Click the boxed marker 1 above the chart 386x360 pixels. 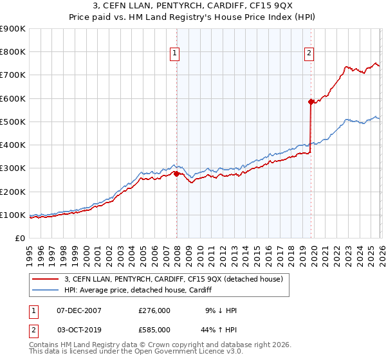(174, 53)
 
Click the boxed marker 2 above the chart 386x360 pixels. (309, 53)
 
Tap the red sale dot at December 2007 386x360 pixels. (176, 174)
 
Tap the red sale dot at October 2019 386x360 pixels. (311, 102)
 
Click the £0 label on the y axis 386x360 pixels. (19, 238)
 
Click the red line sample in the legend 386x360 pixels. (46, 279)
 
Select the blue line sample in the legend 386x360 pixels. (46, 291)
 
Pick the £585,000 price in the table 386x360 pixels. (154, 329)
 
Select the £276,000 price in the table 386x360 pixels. (154, 310)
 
